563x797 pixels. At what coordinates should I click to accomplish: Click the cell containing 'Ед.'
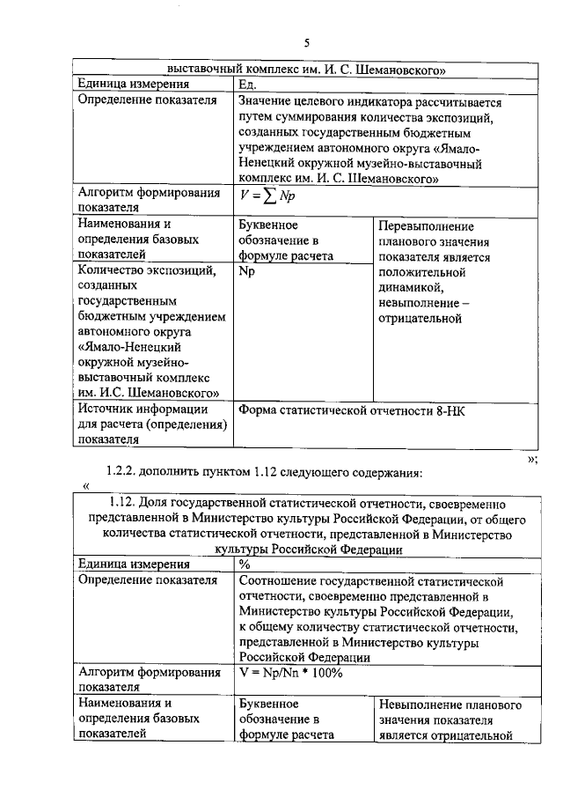(250, 85)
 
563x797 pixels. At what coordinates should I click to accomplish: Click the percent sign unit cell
(245, 565)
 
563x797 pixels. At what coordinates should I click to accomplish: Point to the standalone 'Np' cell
(246, 271)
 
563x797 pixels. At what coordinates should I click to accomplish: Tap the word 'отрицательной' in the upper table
(420, 319)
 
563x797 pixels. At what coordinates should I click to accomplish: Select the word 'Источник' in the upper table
(106, 409)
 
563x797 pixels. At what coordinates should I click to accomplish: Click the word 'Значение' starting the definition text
(265, 101)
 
